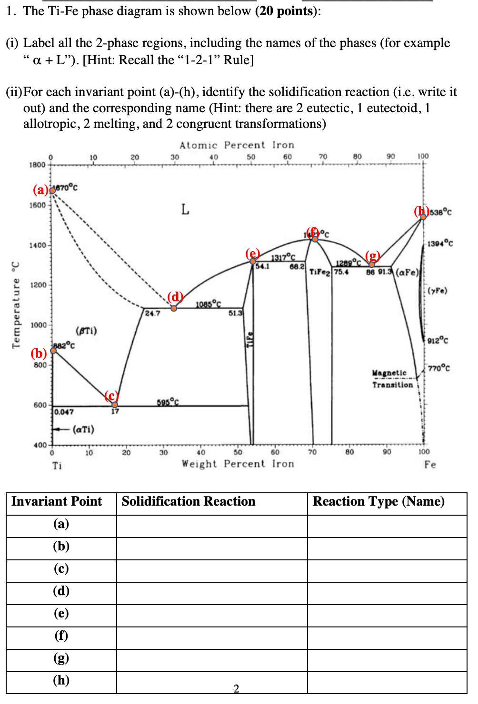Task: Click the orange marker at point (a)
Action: coord(52,190)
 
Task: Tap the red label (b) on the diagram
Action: coord(39,353)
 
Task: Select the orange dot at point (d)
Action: coord(174,308)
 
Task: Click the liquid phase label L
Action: coord(185,209)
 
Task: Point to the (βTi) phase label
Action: coord(86,331)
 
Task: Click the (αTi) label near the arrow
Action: coord(83,429)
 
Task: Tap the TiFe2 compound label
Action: coord(319,272)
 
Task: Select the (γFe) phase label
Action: coord(437,290)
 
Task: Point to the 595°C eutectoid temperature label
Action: coord(168,402)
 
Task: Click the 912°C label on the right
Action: coord(438,340)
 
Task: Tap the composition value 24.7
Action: coord(152,313)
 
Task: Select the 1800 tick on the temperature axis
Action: coord(37,165)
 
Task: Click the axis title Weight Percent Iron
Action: coord(238,464)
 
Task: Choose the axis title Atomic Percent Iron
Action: coord(237,145)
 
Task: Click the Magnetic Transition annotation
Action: coord(392,379)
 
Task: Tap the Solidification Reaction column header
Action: coord(189,501)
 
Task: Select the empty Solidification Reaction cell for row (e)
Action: coord(212,616)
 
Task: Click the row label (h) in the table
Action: coord(61,680)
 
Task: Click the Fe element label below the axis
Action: coord(430,464)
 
